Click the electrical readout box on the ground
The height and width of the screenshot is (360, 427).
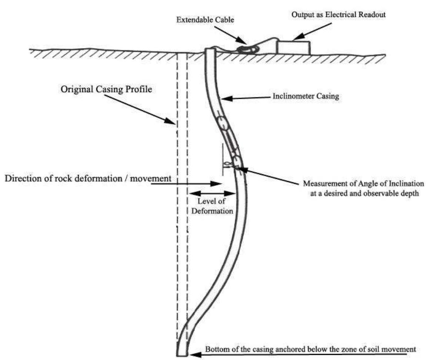click(293, 47)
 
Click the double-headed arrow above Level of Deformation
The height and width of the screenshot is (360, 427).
click(212, 193)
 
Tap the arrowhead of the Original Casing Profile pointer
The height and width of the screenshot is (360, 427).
click(174, 124)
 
